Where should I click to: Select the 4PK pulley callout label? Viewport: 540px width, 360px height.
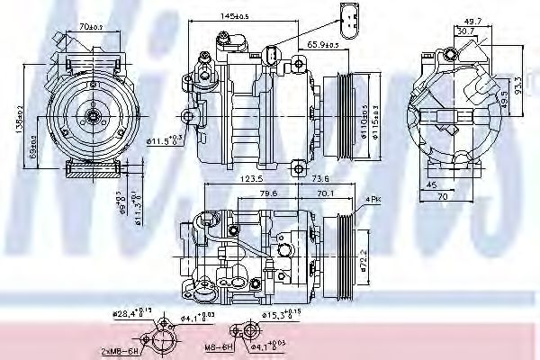coord(373,198)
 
